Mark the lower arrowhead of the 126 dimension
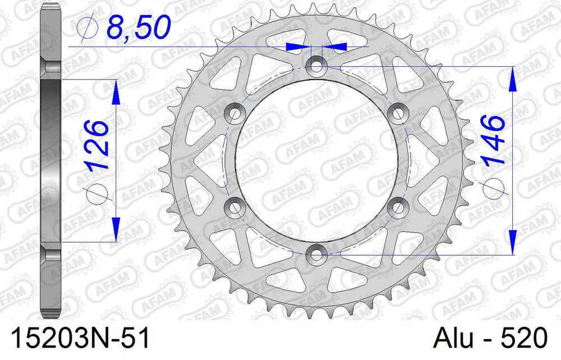pos(116,230)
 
